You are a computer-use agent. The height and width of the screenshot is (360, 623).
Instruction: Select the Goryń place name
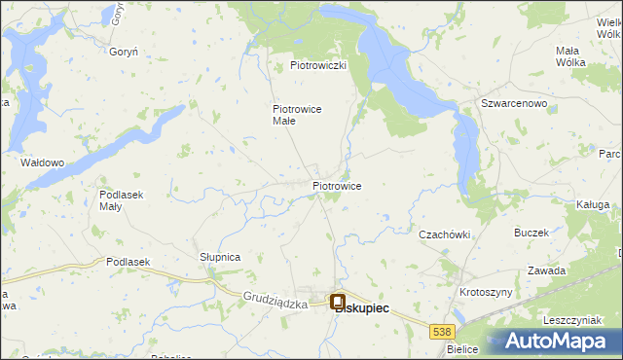click(x=124, y=52)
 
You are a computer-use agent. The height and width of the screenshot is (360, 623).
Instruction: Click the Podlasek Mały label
click(x=122, y=200)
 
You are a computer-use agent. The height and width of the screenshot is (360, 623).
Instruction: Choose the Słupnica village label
click(x=220, y=257)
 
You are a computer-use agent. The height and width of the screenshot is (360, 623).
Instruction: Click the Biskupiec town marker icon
click(x=338, y=303)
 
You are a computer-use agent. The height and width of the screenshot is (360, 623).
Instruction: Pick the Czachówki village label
click(x=445, y=234)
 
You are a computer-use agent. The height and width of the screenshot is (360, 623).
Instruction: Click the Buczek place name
click(x=531, y=234)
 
